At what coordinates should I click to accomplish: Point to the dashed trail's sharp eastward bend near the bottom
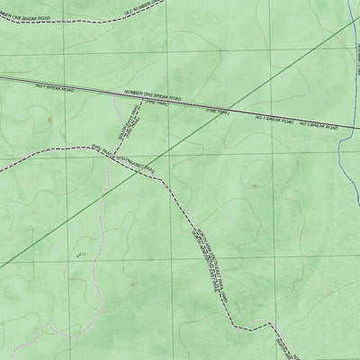pos(236,322)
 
